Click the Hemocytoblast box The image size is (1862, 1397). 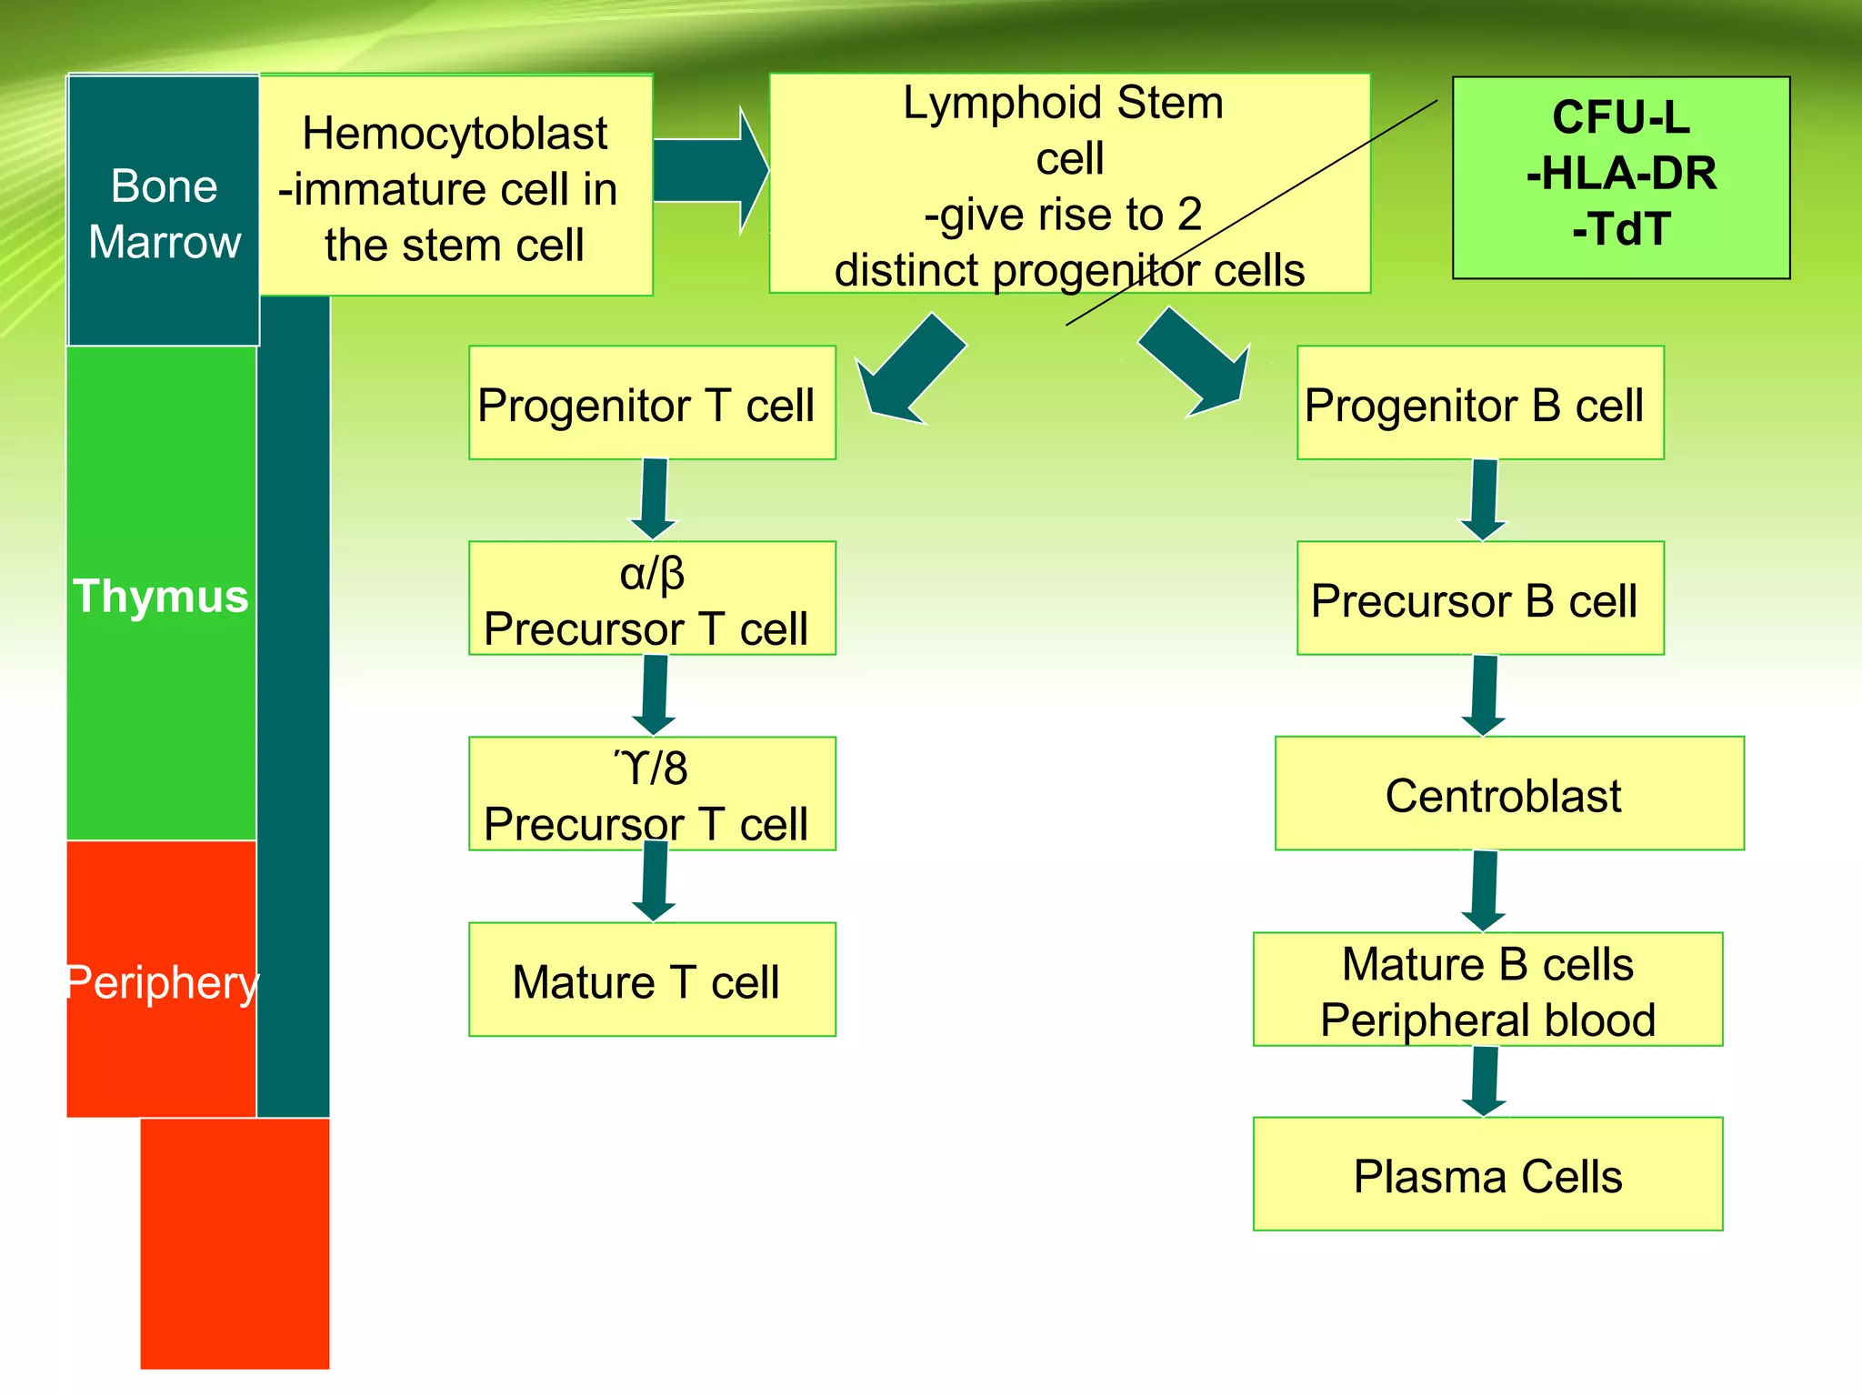[x=455, y=186]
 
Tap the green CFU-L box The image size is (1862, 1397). [x=1621, y=177]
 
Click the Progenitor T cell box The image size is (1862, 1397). [x=651, y=404]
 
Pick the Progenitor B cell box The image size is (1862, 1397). [x=1479, y=404]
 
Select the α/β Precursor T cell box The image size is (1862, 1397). [x=651, y=599]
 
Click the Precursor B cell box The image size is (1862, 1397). [x=1479, y=599]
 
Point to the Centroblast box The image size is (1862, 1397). [x=1508, y=794]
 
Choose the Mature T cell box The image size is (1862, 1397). [x=651, y=980]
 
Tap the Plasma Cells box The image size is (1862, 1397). [x=1487, y=1174]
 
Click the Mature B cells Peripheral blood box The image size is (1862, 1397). [x=1487, y=990]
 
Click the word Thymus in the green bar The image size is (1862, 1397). [x=161, y=597]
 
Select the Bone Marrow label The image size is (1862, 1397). [x=165, y=214]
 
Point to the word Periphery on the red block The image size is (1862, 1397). [x=163, y=983]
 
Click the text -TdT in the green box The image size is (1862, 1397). [x=1621, y=229]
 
